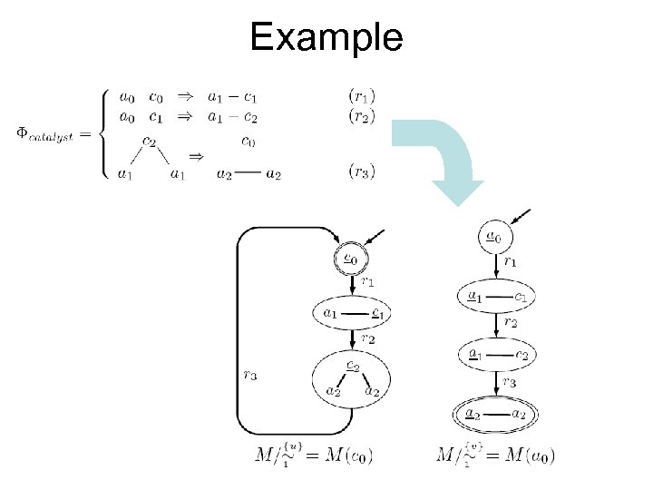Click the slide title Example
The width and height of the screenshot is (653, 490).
pyautogui.click(x=326, y=37)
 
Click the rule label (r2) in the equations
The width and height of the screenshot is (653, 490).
pyautogui.click(x=363, y=115)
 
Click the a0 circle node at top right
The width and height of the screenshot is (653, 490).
pyautogui.click(x=491, y=238)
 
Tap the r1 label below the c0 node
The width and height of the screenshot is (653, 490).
pyautogui.click(x=367, y=282)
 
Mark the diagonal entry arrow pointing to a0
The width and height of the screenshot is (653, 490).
pyautogui.click(x=521, y=218)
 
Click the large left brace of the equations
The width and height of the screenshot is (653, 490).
pyautogui.click(x=101, y=133)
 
